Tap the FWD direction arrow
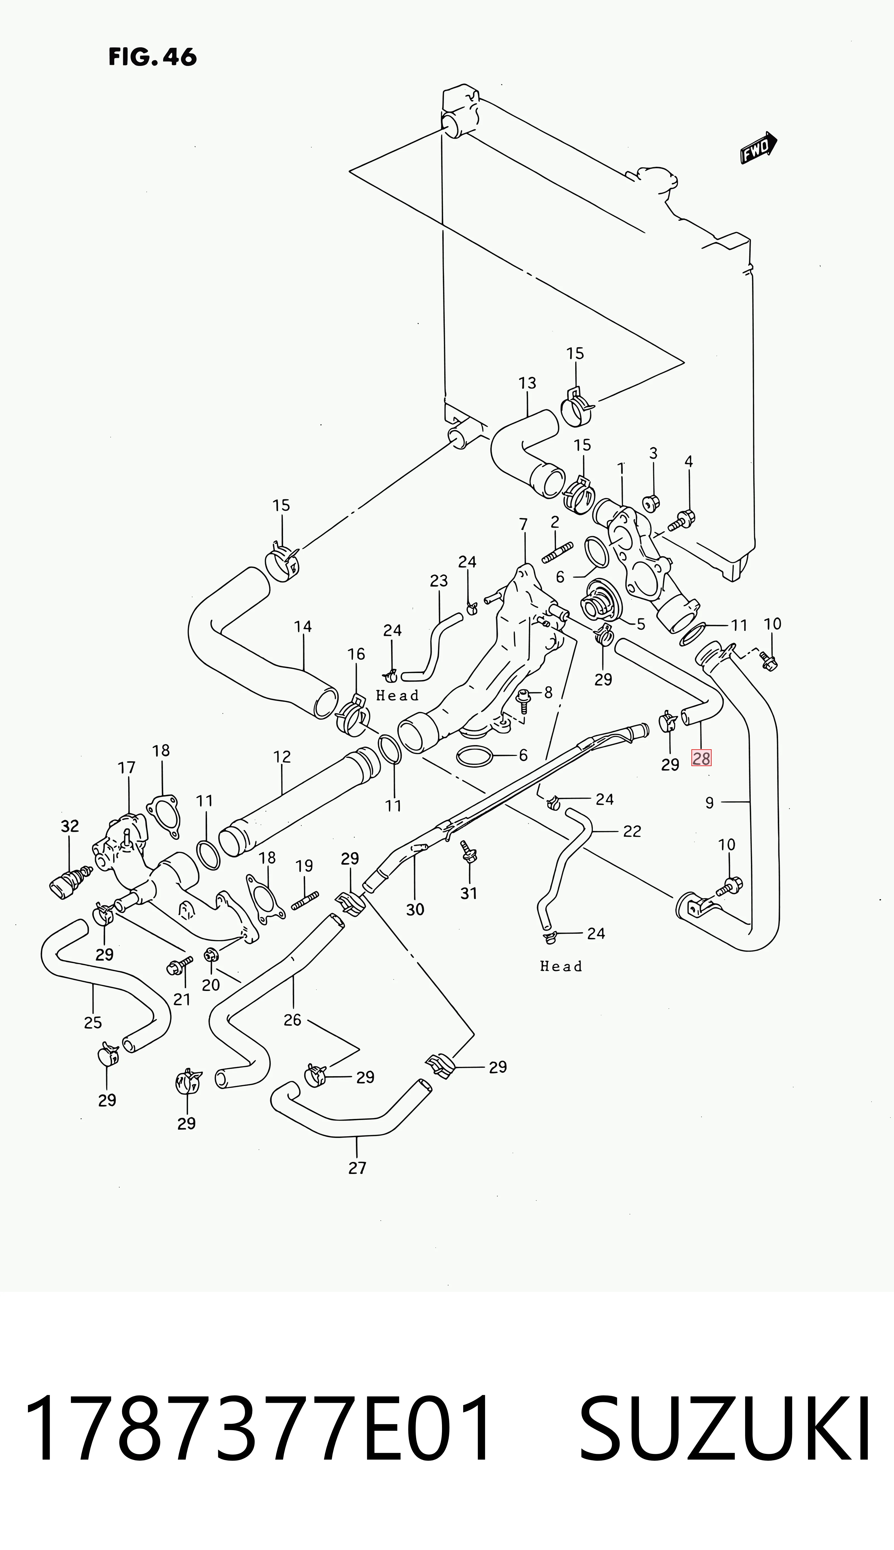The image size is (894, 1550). click(758, 149)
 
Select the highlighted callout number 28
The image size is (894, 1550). click(701, 759)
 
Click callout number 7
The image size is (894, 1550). click(523, 524)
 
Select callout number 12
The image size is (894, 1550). click(282, 757)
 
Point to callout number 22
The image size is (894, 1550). click(632, 831)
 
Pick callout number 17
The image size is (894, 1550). click(127, 768)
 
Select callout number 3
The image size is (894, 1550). click(653, 453)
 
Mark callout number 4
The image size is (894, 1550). click(689, 462)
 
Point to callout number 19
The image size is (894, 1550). click(305, 866)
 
